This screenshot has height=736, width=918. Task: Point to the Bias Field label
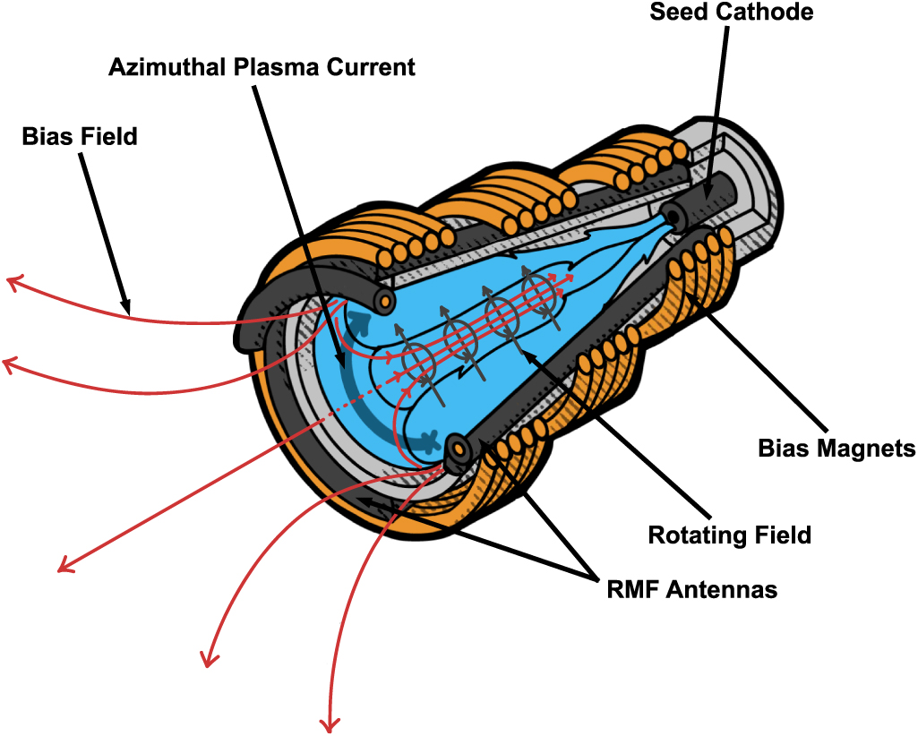(x=80, y=137)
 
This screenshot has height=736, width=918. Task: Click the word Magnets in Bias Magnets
(x=868, y=448)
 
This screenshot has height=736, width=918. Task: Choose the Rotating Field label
(x=729, y=535)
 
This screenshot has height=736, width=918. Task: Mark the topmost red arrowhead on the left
(x=13, y=283)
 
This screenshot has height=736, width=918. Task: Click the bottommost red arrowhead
(x=329, y=722)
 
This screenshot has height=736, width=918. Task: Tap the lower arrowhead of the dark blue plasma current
(x=430, y=441)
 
